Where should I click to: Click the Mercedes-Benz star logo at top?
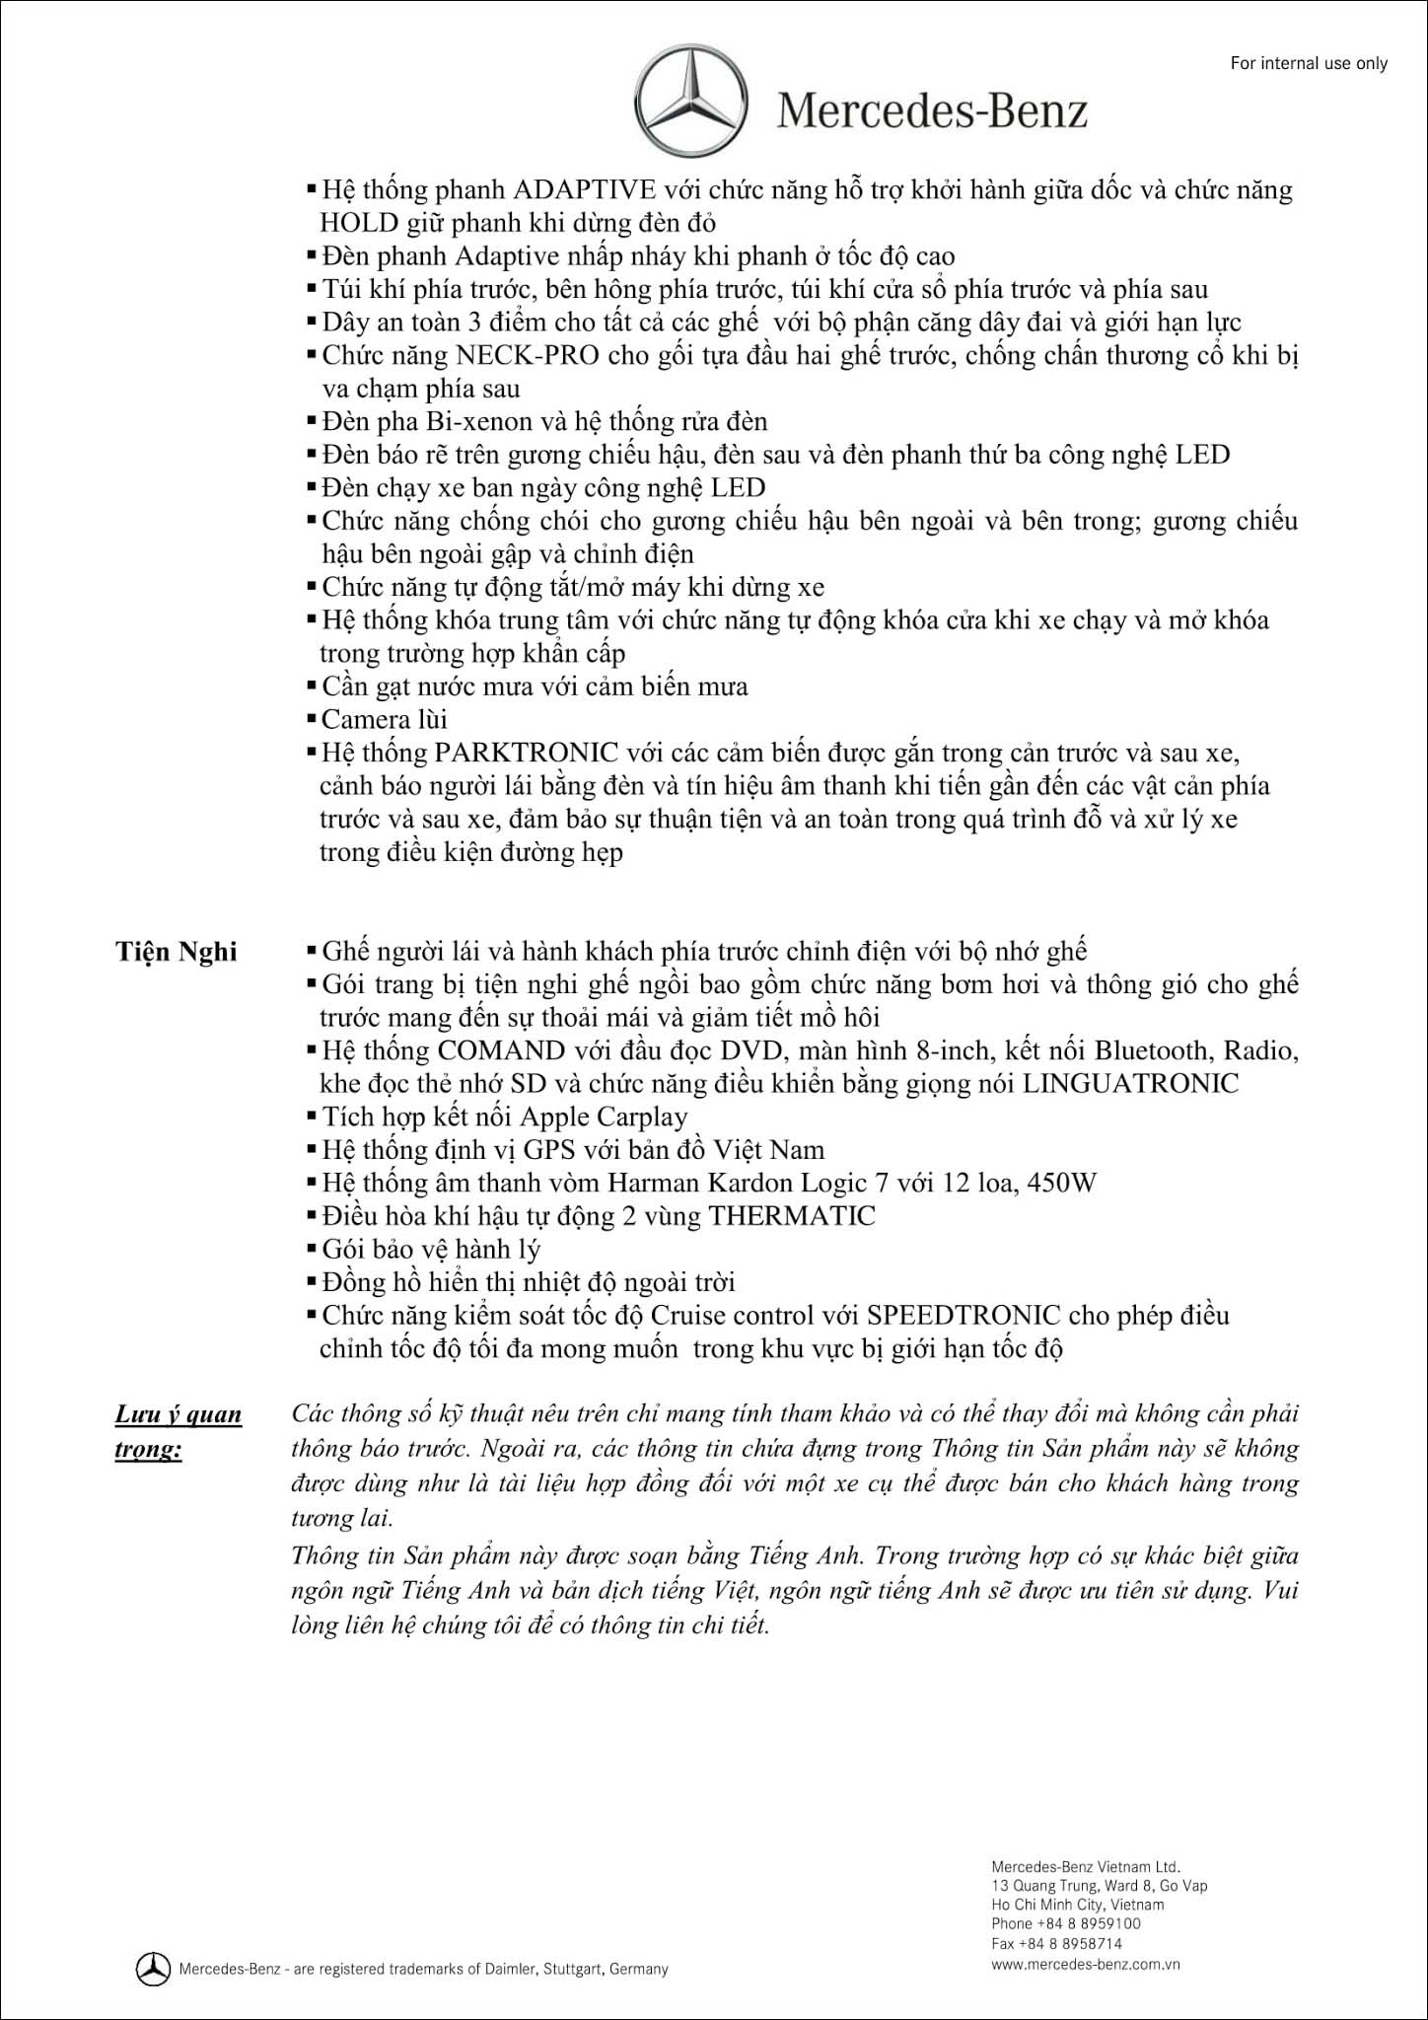tap(690, 99)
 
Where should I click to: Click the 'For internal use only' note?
tap(1309, 63)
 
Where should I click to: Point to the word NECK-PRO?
tap(528, 355)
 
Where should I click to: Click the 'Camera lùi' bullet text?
tap(385, 720)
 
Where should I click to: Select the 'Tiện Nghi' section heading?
tap(177, 952)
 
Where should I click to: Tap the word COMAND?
tap(502, 1050)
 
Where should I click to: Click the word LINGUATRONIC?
tap(1130, 1084)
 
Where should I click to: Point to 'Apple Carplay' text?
tap(604, 1118)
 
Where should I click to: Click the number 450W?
tap(1061, 1183)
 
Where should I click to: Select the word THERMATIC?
tap(792, 1216)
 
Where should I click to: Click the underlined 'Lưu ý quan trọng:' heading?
tap(178, 1432)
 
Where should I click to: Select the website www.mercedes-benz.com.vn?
tap(1086, 1963)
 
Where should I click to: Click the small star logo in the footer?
tap(153, 1969)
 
